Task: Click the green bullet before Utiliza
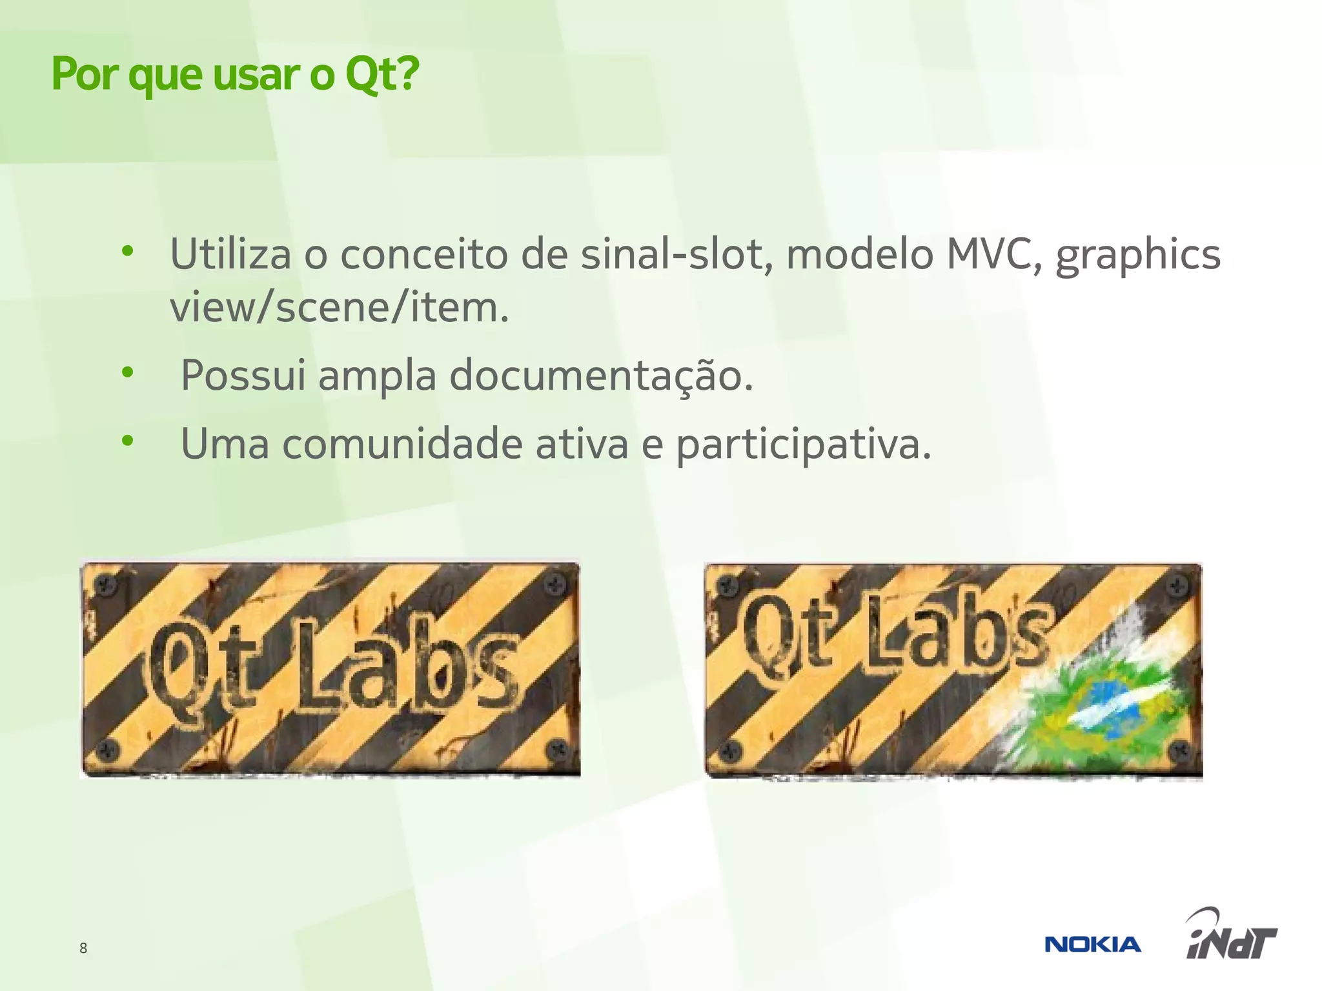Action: click(128, 251)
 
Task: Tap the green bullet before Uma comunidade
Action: click(128, 441)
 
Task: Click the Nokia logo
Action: click(1092, 945)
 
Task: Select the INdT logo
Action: click(1231, 936)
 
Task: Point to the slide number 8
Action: click(83, 948)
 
